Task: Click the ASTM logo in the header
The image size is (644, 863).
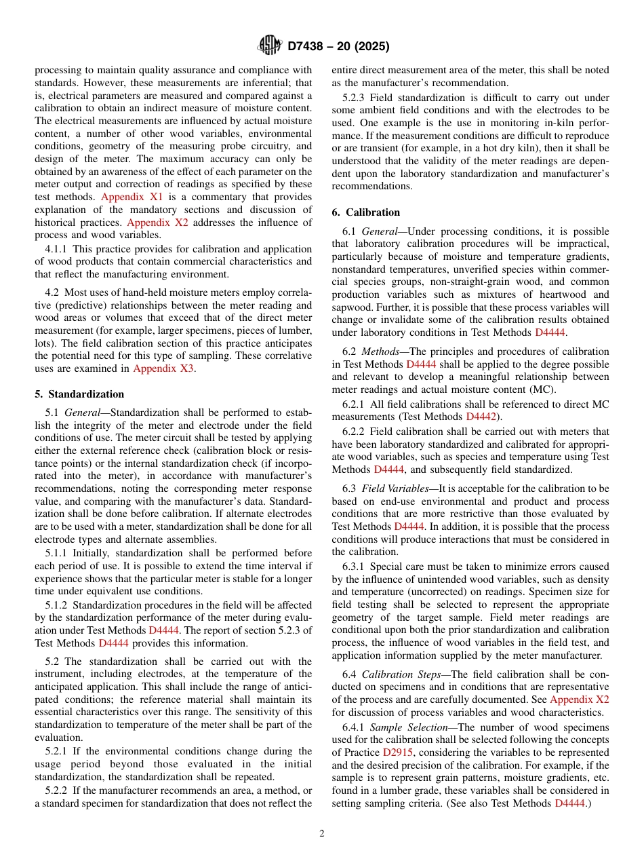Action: [x=269, y=46]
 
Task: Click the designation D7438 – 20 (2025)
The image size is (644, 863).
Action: [x=338, y=47]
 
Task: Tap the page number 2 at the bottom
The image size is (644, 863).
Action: [x=322, y=834]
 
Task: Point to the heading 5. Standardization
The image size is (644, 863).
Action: [x=79, y=394]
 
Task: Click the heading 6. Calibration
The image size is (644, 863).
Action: [x=366, y=212]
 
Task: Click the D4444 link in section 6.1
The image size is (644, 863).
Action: [x=549, y=332]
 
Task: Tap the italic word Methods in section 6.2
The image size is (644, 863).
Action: [x=380, y=351]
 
